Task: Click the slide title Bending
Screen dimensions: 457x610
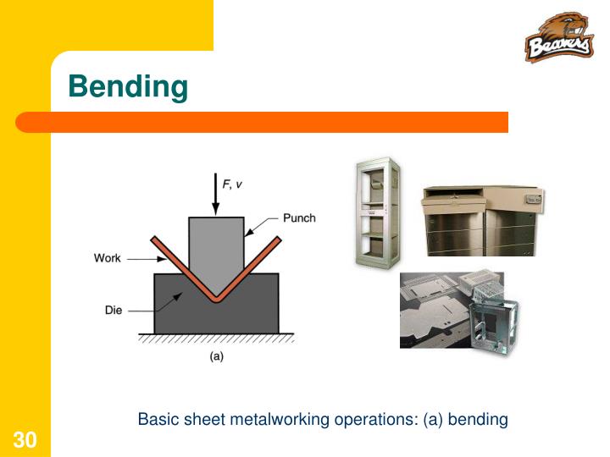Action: point(127,86)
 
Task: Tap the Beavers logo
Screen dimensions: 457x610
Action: point(558,40)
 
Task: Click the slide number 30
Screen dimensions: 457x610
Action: point(25,439)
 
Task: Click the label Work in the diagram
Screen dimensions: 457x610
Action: point(108,258)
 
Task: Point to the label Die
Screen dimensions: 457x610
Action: point(114,311)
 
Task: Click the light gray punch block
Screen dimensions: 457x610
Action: point(216,241)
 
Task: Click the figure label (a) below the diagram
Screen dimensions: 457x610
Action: point(217,356)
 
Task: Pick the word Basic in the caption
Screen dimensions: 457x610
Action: point(156,419)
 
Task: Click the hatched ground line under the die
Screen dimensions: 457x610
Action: point(216,338)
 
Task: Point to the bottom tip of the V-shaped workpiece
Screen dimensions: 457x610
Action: point(216,298)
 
